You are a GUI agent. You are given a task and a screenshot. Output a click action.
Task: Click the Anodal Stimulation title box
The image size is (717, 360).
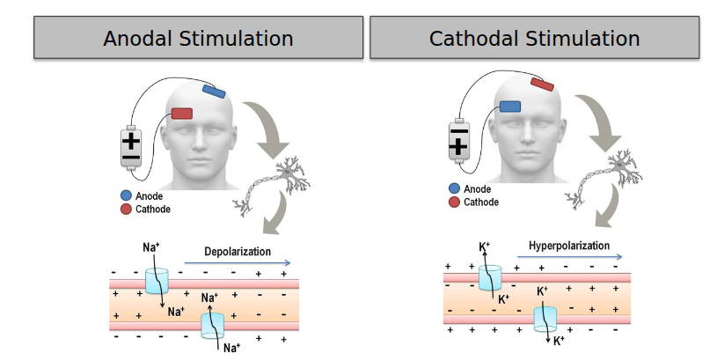[198, 38]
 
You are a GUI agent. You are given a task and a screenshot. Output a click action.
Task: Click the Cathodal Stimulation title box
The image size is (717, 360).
[534, 38]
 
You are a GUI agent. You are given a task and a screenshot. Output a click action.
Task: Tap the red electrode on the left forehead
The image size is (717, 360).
[181, 114]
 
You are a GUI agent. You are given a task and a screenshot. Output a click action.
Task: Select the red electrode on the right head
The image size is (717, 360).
[542, 83]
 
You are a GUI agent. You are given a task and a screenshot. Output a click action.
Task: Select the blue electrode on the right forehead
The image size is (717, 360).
[510, 107]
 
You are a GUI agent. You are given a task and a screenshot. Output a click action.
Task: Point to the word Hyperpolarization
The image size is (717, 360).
[568, 246]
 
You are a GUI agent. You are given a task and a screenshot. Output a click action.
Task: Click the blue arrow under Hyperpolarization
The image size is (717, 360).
[569, 257]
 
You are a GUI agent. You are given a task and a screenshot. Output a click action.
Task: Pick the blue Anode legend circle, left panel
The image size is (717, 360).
[126, 196]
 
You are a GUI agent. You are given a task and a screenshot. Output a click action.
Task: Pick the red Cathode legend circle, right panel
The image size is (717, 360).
[454, 202]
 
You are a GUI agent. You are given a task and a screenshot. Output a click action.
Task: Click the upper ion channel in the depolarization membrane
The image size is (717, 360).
[156, 281]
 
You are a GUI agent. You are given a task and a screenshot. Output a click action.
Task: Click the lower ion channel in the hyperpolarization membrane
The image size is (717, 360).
[545, 318]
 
